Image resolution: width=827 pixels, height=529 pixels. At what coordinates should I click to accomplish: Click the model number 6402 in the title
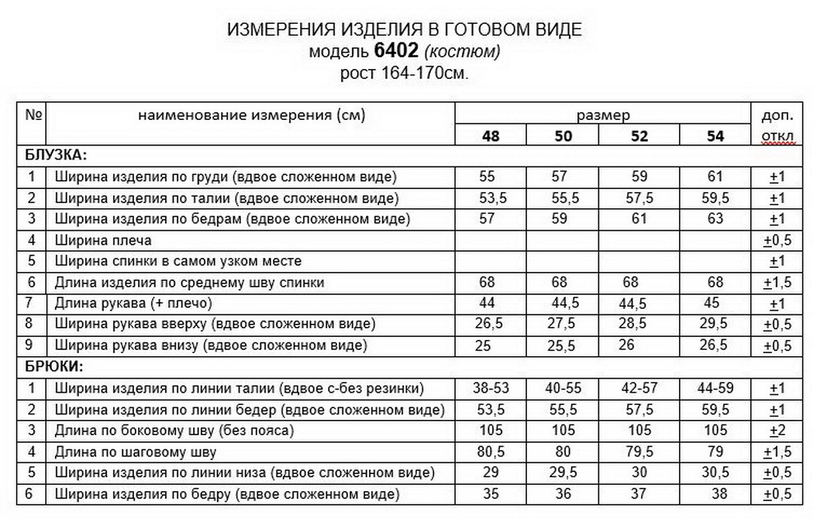(396, 52)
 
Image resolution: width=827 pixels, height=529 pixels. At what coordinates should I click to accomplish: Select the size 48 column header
(491, 136)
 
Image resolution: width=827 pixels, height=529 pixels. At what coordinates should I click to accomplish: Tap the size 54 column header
(715, 136)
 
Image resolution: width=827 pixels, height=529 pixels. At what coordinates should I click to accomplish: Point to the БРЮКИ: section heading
(53, 366)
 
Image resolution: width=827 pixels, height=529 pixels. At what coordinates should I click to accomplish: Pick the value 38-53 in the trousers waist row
(490, 388)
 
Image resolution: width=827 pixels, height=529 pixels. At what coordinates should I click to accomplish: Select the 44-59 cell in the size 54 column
(715, 388)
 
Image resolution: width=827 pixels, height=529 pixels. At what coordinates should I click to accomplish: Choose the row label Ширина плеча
(103, 241)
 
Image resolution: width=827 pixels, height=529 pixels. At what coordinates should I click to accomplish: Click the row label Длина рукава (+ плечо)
(133, 304)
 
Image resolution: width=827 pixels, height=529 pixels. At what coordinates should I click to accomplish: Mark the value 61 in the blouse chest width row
(715, 177)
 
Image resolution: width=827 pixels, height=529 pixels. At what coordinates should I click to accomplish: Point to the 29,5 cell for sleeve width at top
(715, 325)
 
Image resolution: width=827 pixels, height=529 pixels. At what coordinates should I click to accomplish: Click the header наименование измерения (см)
(251, 116)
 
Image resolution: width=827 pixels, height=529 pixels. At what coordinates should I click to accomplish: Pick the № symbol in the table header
(33, 115)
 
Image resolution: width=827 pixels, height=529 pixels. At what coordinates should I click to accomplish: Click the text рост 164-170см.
(405, 74)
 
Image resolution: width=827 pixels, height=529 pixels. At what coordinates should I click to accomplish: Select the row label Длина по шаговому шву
(136, 452)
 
